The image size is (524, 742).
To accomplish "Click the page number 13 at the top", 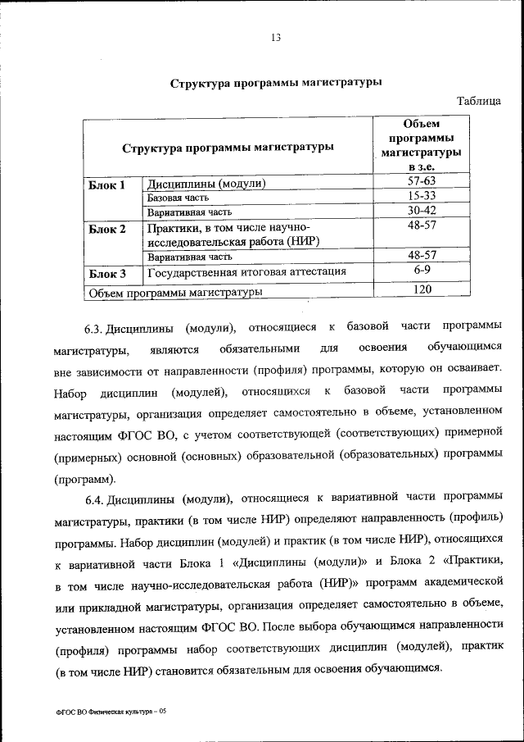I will click(x=275, y=37).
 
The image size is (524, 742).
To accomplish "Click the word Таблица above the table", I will click(x=479, y=102).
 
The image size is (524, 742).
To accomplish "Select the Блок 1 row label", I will click(x=107, y=184).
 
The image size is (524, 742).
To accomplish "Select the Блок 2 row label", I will click(x=107, y=229).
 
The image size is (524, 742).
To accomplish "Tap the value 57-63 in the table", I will click(x=422, y=181).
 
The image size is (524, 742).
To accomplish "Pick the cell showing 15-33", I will click(x=422, y=196).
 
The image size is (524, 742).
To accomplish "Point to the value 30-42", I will click(x=422, y=211).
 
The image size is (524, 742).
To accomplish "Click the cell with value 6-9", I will click(x=422, y=270).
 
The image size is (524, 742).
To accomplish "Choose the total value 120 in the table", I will click(x=422, y=289).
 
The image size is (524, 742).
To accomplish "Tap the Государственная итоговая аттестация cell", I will click(x=246, y=271).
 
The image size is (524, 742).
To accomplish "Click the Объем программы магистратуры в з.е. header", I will click(x=422, y=145).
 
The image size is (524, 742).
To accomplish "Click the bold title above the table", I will click(x=275, y=84).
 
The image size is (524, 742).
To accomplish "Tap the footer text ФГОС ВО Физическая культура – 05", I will click(x=111, y=712).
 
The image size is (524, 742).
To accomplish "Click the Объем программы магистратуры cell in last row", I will click(x=175, y=291).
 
